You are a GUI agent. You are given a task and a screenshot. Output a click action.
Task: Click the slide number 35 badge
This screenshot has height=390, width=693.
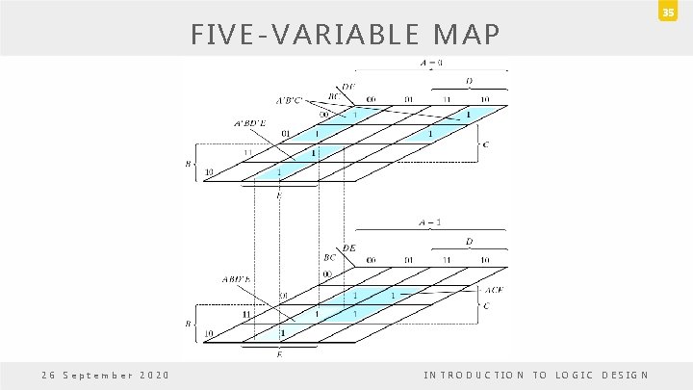pos(676,12)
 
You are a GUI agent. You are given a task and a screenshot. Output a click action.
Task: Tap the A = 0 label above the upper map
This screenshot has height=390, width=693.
pos(431,63)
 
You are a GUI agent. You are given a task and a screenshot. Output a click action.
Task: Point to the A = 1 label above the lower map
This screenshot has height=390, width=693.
pos(430,222)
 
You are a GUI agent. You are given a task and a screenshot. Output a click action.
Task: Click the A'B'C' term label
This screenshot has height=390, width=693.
pos(289,99)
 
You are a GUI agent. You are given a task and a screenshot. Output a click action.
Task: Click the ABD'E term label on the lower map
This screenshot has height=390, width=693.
pos(236,280)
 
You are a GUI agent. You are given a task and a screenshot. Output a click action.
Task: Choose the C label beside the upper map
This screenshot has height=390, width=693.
pos(485,145)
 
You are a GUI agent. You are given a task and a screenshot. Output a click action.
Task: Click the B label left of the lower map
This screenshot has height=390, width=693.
pos(189,323)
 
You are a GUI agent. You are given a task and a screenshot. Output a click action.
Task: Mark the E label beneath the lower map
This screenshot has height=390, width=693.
pos(280,354)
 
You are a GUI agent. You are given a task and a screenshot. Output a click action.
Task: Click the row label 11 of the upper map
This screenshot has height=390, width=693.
pos(246,152)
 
